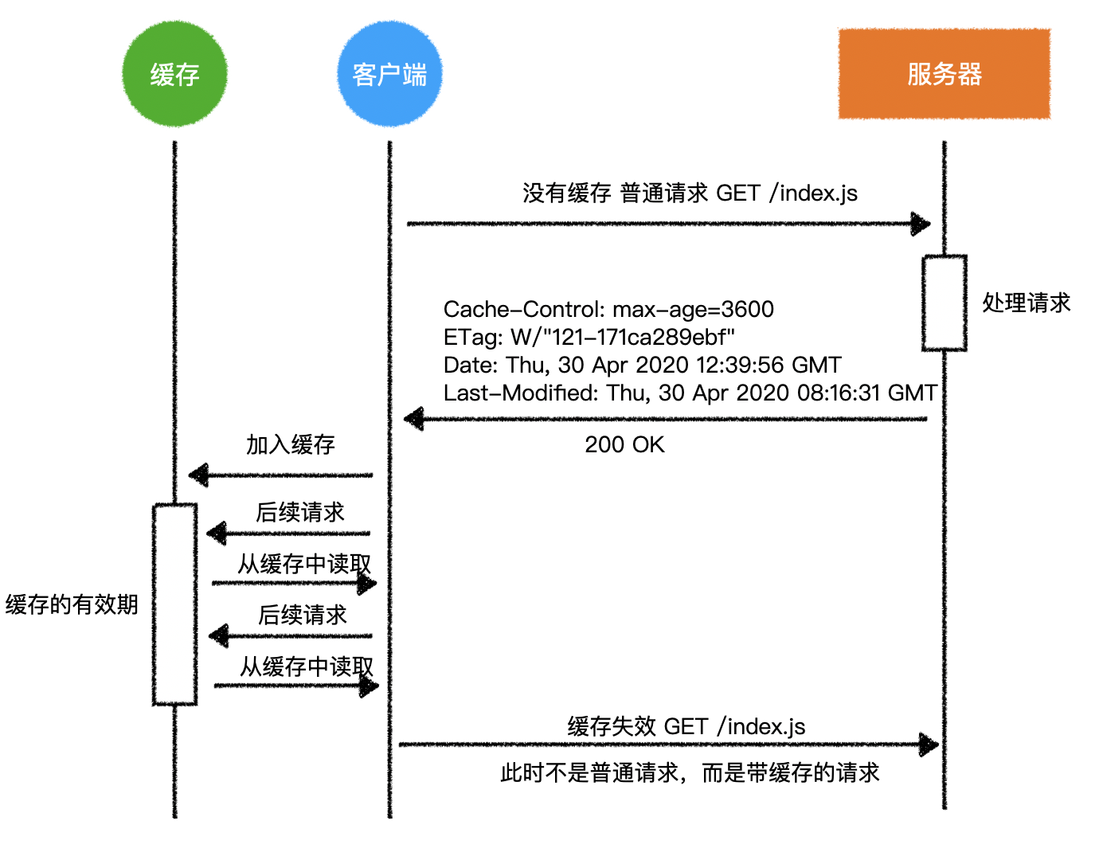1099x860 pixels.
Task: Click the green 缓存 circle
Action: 174,74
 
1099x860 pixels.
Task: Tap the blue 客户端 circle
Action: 389,74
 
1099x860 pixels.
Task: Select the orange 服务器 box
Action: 944,74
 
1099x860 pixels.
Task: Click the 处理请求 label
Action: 1026,303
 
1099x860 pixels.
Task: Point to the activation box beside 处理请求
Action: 944,303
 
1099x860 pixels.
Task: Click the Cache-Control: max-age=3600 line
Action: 608,309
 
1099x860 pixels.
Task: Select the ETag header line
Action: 589,337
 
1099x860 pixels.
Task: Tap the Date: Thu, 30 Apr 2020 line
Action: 642,365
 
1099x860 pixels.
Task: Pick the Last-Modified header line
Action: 690,393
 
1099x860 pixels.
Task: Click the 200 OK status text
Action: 624,444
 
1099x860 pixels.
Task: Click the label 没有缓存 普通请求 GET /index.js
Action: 690,193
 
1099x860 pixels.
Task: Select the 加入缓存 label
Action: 290,444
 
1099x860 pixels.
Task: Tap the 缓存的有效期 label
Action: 72,604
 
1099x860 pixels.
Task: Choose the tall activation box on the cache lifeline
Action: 174,604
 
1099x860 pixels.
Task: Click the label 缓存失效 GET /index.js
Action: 686,726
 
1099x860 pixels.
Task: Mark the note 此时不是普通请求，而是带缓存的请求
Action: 690,772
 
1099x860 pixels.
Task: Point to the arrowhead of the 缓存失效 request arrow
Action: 929,745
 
